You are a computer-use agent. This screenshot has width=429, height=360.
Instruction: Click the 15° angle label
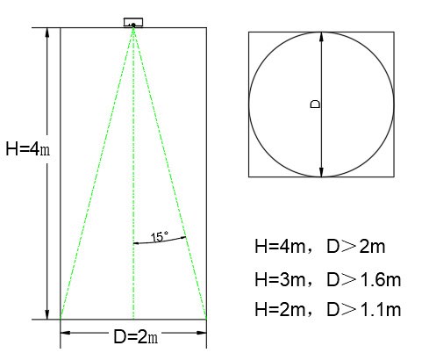(160, 236)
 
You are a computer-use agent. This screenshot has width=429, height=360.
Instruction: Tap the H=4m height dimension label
(28, 148)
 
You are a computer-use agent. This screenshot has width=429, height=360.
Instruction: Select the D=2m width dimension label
(136, 337)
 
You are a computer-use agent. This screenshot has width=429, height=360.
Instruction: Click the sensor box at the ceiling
(133, 22)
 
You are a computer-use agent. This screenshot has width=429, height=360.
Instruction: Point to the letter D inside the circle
(315, 104)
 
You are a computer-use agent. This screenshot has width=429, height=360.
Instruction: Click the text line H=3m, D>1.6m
(328, 279)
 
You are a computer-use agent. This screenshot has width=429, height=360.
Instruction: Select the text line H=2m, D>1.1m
(328, 309)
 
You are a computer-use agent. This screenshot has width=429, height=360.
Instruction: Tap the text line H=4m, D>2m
(320, 247)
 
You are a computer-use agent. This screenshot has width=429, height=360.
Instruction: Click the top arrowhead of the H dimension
(46, 32)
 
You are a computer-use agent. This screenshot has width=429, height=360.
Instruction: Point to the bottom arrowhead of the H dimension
(46, 314)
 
